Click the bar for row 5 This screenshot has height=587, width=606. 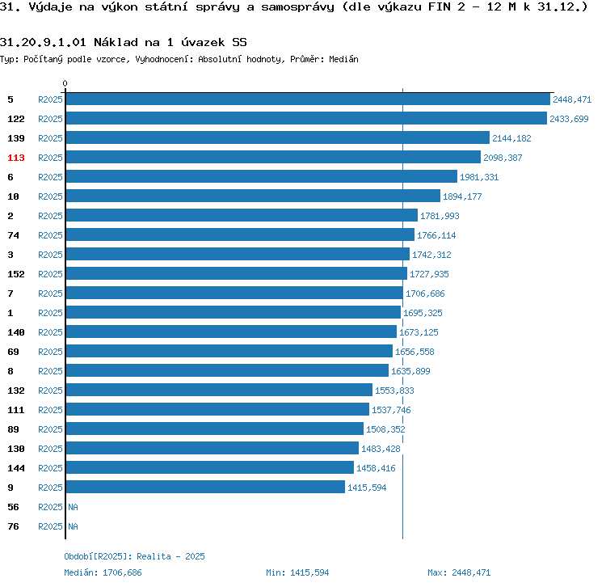(307, 99)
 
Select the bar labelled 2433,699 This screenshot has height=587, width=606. (306, 119)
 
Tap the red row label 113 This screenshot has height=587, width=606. (16, 158)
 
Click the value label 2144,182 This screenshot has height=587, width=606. (511, 138)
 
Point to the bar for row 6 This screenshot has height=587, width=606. (261, 177)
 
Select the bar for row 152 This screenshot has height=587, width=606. (236, 274)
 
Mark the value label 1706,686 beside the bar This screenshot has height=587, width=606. (425, 293)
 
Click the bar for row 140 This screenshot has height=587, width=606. (231, 332)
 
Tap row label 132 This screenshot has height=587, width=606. (16, 391)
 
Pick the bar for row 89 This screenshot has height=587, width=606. (214, 429)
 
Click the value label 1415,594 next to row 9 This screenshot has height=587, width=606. (368, 488)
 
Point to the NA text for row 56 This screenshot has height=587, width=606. (73, 507)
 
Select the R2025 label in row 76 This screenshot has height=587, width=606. (50, 526)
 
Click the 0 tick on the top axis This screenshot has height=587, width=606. (65, 83)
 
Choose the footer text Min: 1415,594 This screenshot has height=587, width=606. (297, 572)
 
